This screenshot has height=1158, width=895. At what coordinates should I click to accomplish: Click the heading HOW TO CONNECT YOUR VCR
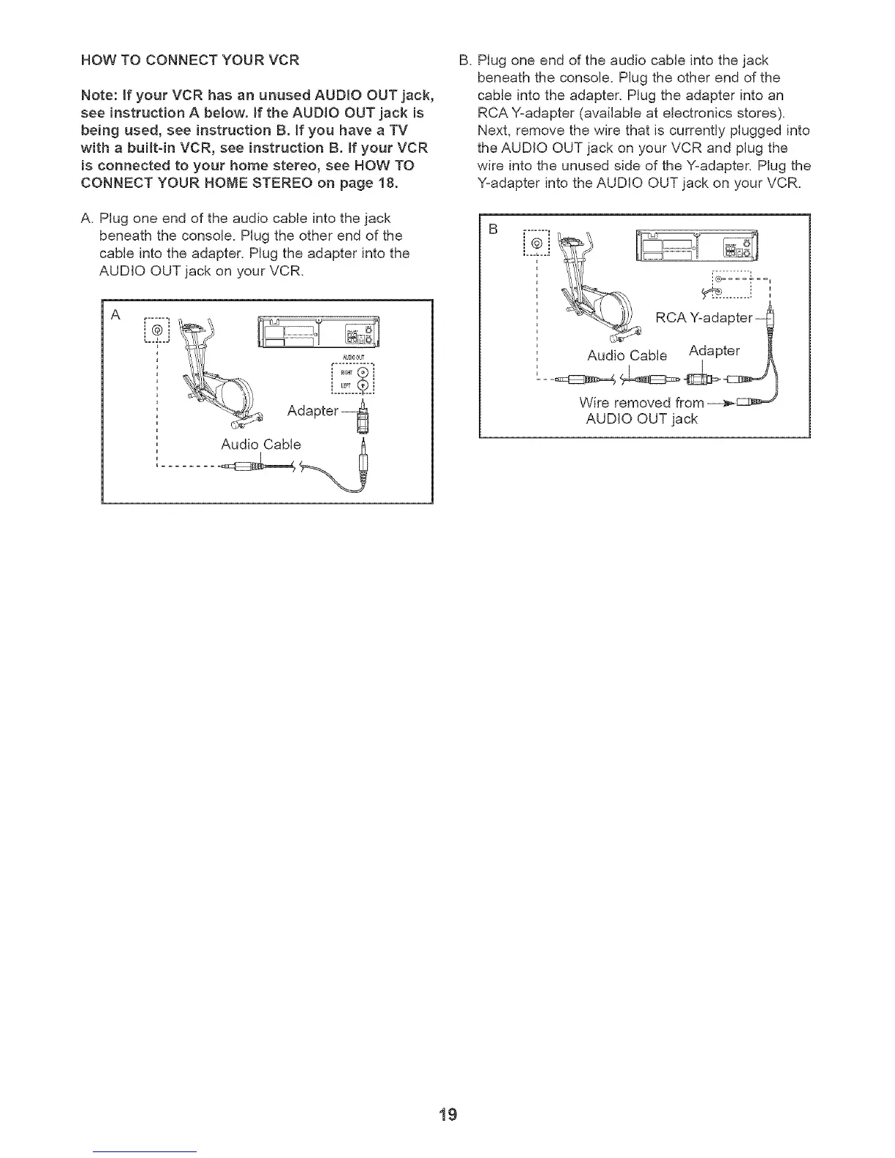[190, 60]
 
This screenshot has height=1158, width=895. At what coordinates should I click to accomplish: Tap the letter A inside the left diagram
[115, 315]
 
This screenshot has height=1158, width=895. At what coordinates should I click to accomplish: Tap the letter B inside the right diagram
[494, 229]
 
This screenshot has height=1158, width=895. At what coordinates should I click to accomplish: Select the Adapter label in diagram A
[313, 411]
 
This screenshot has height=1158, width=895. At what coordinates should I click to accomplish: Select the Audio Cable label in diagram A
[260, 444]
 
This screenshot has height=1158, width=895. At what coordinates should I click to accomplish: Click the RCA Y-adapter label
[703, 317]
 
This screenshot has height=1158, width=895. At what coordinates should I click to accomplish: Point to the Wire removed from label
[641, 403]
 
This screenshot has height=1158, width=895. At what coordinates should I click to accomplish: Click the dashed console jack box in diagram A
[156, 332]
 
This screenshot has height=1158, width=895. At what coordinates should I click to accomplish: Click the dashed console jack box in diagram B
[537, 243]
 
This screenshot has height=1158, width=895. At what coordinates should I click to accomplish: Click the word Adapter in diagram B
[714, 351]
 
